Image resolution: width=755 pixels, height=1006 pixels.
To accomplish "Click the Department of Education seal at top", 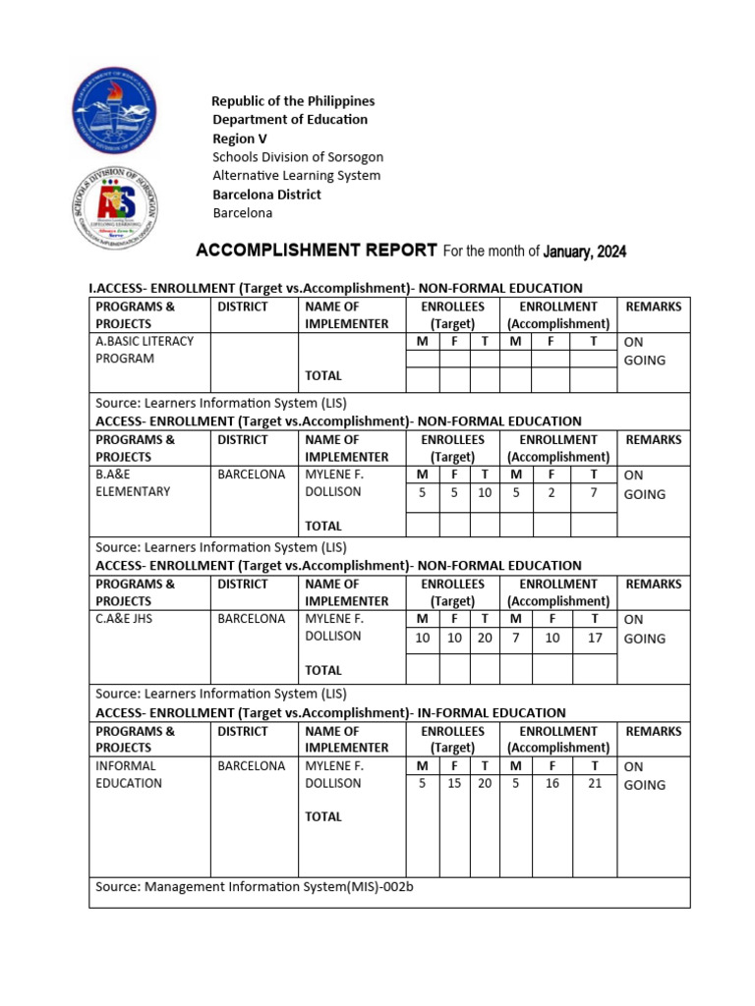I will click(x=115, y=107).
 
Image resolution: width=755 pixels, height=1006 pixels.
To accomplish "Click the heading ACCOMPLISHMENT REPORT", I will click(x=317, y=251).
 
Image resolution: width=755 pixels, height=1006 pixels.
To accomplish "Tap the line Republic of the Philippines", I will click(x=294, y=101).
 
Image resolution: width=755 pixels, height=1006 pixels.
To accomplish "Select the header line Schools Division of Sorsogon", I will click(x=298, y=157).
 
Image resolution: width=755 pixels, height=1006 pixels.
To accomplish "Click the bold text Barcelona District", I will click(x=267, y=195).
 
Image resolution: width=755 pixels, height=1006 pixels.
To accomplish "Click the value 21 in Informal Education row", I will click(x=594, y=784).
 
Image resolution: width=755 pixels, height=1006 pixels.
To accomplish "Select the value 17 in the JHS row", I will click(x=594, y=638).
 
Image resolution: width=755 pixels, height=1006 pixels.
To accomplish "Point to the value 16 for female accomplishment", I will click(x=552, y=784).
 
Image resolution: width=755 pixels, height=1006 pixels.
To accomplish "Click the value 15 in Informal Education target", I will click(x=454, y=784).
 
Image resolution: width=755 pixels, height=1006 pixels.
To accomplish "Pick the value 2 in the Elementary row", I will click(x=552, y=493).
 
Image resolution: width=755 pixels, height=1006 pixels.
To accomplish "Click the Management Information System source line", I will click(x=255, y=887).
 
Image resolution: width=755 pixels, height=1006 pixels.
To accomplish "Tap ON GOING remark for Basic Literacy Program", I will click(x=645, y=351).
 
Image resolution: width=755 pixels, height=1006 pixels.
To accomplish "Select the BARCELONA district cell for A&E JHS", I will click(x=252, y=619).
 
